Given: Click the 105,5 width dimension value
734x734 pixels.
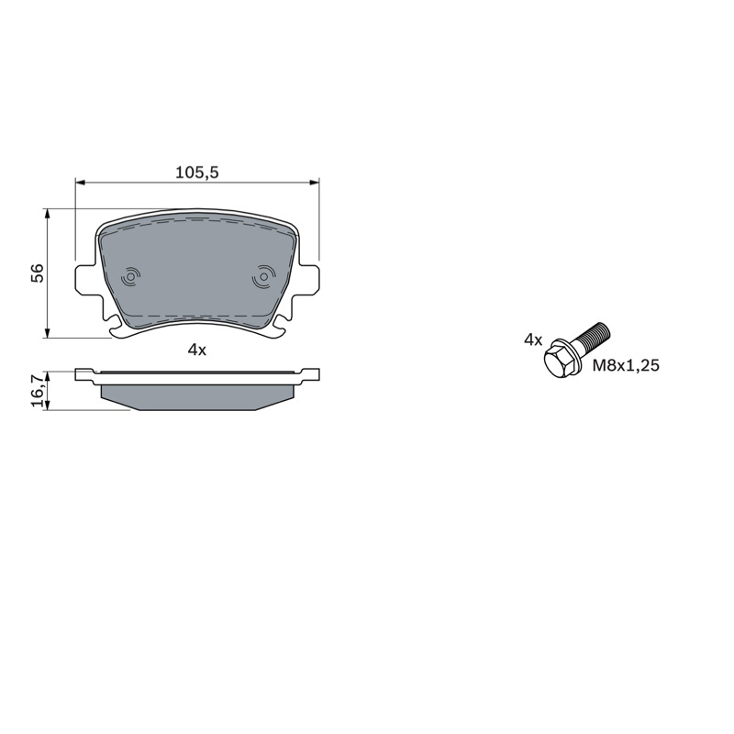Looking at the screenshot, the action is click(197, 172).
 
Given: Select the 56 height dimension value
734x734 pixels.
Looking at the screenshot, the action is click(37, 272).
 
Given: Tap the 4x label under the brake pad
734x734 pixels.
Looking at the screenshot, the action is click(197, 350).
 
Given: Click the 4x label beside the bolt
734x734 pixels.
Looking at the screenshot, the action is click(533, 339).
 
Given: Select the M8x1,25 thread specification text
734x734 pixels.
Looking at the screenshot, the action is click(626, 365).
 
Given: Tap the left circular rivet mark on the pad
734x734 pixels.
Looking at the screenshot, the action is click(130, 277).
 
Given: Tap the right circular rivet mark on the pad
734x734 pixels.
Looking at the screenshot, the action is click(262, 276).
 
